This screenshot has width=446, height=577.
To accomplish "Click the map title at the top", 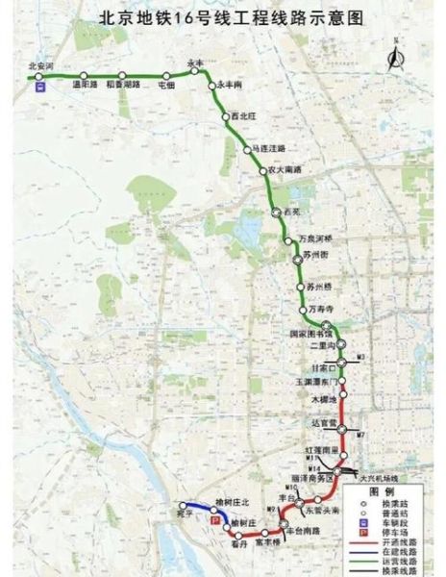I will pyautogui.click(x=224, y=16).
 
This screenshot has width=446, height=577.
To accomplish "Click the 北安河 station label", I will pyautogui.click(x=43, y=66).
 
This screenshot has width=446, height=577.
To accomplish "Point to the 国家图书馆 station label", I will pyautogui.click(x=309, y=334).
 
